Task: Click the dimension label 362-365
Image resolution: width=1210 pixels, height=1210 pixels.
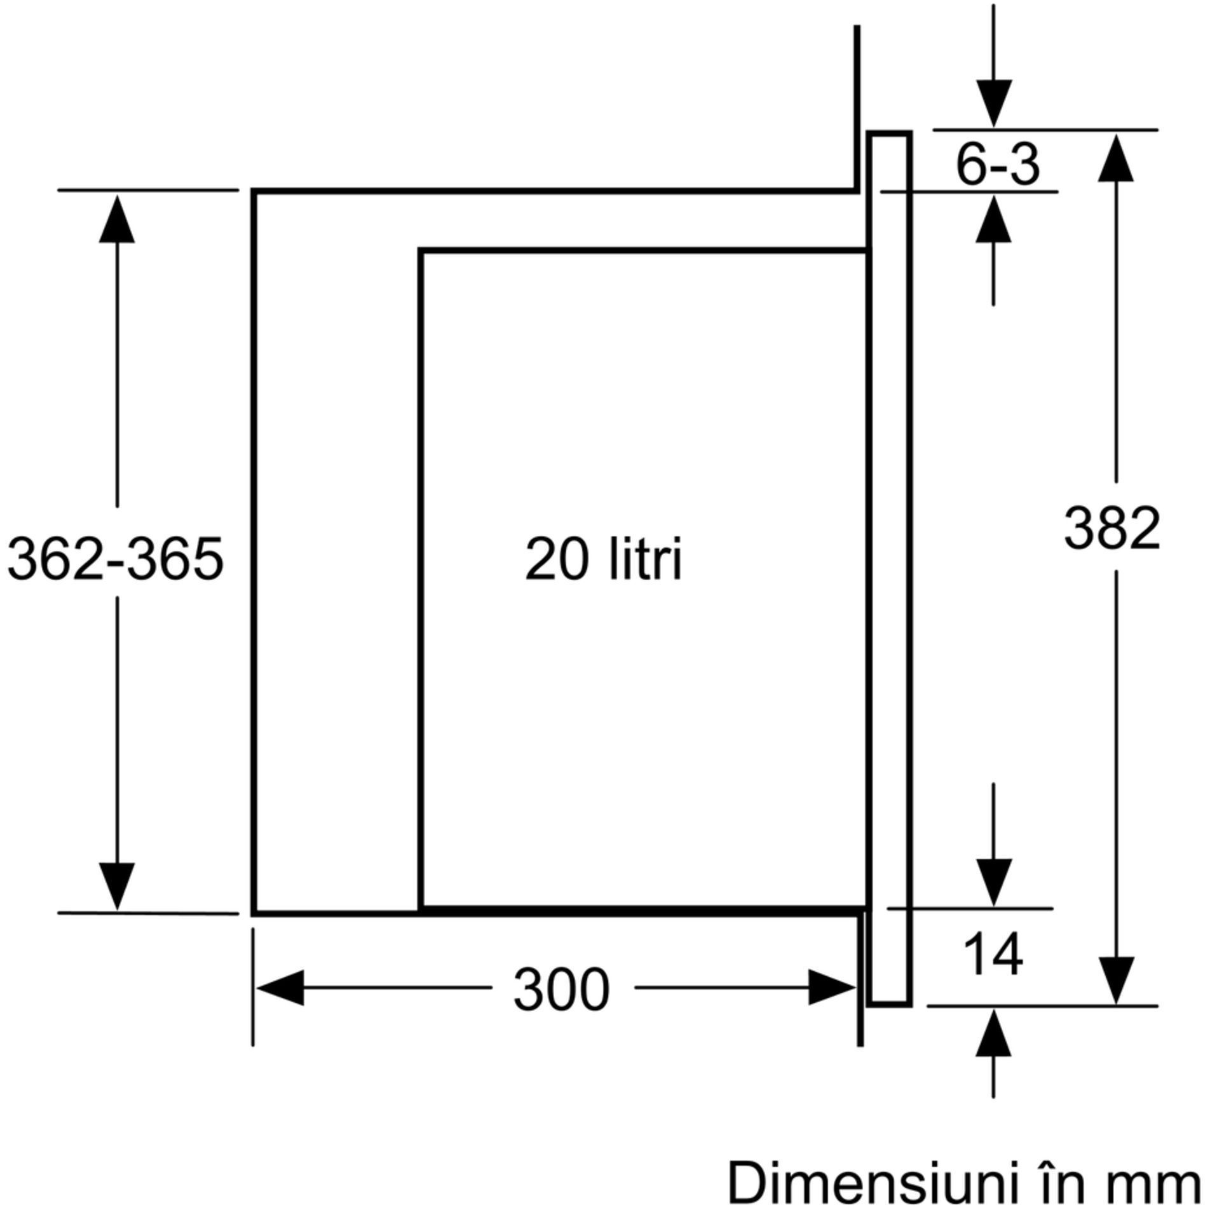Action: (116, 559)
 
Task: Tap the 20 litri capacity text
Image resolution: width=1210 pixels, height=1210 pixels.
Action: (603, 559)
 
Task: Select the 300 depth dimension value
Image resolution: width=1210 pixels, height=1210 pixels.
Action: (561, 990)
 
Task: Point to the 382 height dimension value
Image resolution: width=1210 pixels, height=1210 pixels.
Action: (1112, 529)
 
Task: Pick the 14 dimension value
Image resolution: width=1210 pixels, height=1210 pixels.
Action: (993, 954)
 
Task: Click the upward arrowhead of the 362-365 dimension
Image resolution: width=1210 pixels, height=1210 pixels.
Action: (117, 219)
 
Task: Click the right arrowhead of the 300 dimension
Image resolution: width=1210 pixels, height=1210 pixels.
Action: (831, 988)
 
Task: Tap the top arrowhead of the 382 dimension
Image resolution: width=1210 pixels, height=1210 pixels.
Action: (1116, 159)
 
